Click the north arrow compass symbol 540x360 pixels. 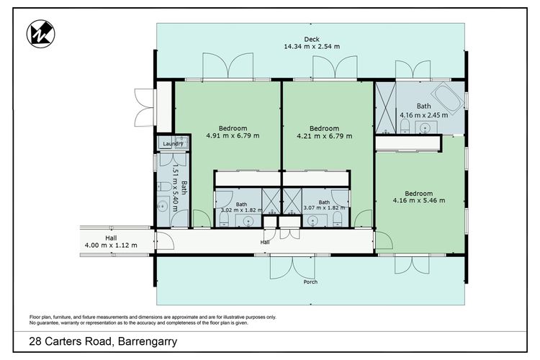[x=40, y=34]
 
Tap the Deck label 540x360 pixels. [x=312, y=40]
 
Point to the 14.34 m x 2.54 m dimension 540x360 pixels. [x=312, y=47]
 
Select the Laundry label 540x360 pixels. [x=173, y=144]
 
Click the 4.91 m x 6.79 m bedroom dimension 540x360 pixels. [x=233, y=136]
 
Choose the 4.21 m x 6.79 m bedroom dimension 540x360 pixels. [x=325, y=136]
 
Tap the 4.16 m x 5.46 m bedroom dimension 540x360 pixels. [x=419, y=200]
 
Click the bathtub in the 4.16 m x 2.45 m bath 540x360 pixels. [x=449, y=98]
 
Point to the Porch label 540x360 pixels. [x=310, y=282]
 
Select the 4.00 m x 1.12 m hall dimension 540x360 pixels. [x=111, y=246]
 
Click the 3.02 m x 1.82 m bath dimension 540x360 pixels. [x=241, y=210]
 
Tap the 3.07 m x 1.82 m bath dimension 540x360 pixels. [x=324, y=208]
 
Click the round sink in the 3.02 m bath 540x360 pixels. [x=248, y=221]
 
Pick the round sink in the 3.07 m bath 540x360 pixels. [x=312, y=220]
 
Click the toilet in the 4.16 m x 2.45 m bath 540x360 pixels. [x=405, y=127]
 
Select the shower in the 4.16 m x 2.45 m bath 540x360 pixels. [x=386, y=107]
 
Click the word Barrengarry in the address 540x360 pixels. [x=148, y=341]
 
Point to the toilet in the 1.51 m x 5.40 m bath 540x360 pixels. [x=164, y=186]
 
